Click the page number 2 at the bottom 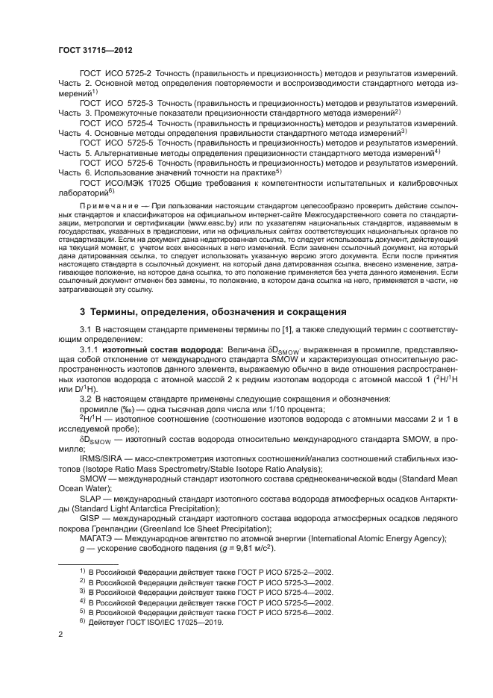[60, 634]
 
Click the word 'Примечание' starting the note [106, 204]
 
